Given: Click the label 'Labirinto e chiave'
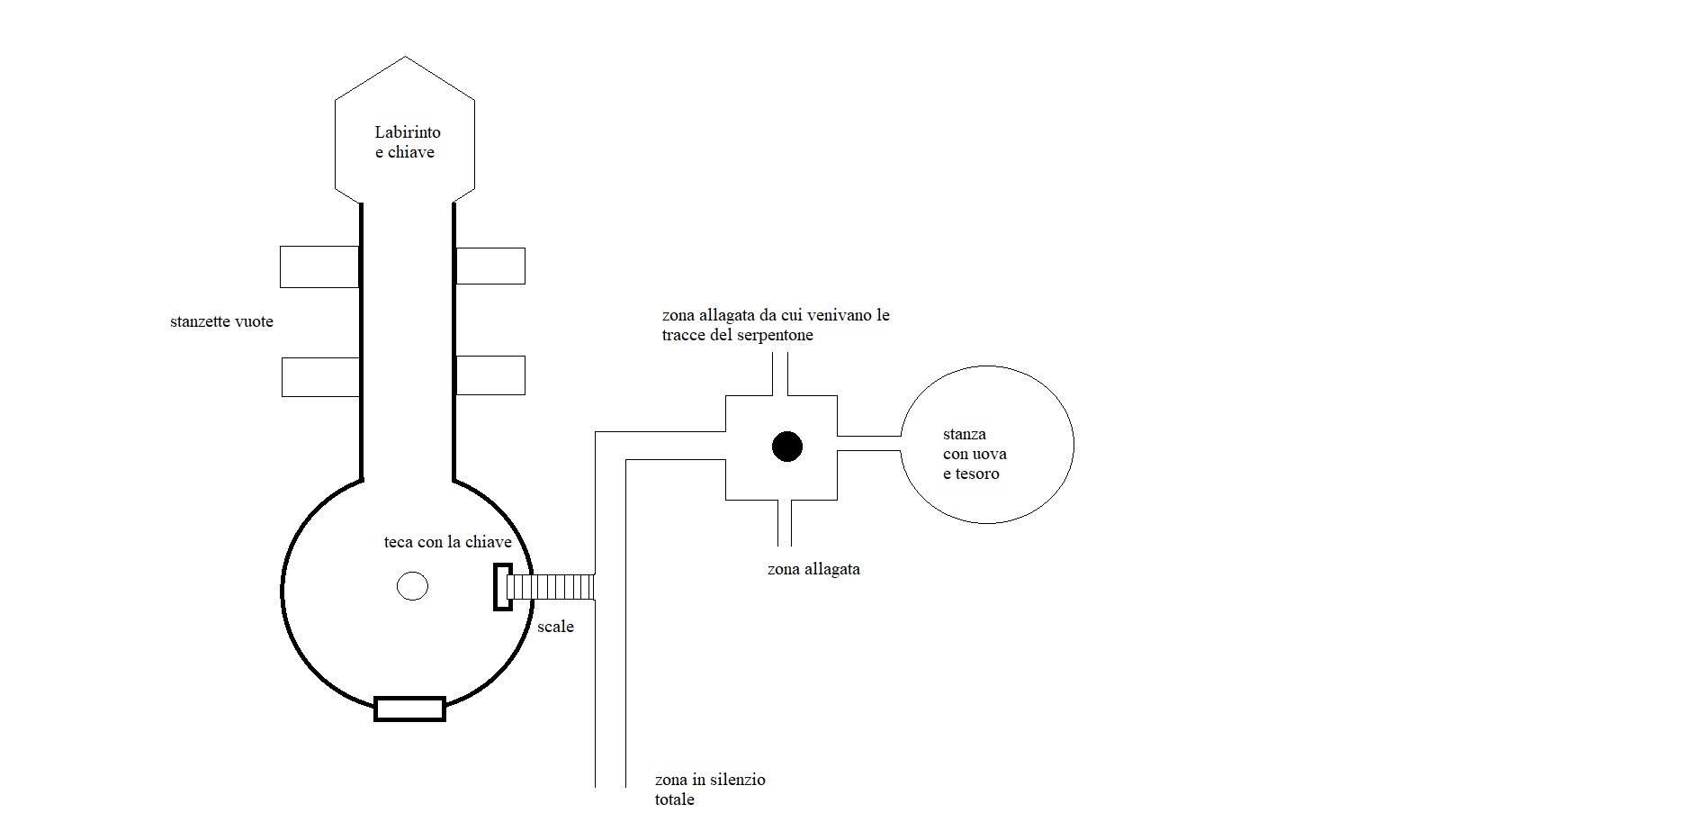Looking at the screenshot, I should tap(407, 142).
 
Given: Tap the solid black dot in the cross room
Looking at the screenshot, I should tap(787, 447).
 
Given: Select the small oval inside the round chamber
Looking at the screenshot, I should tap(412, 586).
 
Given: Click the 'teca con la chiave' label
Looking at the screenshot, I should tap(447, 542).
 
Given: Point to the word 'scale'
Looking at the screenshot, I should tap(555, 627).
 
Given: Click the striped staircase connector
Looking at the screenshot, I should tap(550, 587).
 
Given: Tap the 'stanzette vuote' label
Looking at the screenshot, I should tap(221, 321).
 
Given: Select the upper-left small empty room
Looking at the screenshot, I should tap(319, 266).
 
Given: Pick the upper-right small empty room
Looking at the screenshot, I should tap(490, 266).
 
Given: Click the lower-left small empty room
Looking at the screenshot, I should tap(320, 376).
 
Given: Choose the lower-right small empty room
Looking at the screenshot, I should tap(490, 375).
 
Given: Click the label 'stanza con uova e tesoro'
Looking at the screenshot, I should tap(975, 454).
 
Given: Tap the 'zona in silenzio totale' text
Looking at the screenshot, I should tap(710, 789).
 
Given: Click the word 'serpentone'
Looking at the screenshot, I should tap(775, 335).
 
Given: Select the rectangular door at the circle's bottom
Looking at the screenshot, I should tap(409, 709).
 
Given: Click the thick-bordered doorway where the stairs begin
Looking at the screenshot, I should tap(502, 587).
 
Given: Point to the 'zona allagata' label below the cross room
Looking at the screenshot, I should tap(813, 569).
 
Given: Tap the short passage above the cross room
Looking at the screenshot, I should tap(780, 374).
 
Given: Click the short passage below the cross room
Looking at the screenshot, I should tap(784, 523).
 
